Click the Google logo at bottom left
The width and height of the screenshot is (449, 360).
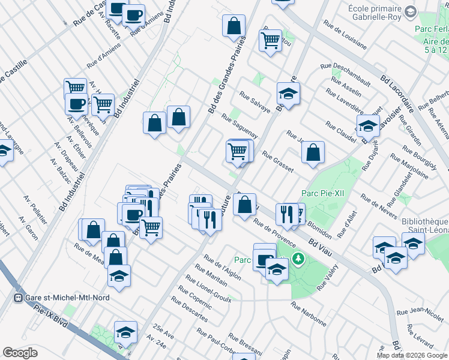coord(20,353)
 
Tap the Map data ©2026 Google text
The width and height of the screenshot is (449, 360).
coord(412,355)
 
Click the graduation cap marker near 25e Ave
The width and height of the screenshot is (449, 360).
coord(125,332)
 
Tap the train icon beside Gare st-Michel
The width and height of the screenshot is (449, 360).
coord(19,298)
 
